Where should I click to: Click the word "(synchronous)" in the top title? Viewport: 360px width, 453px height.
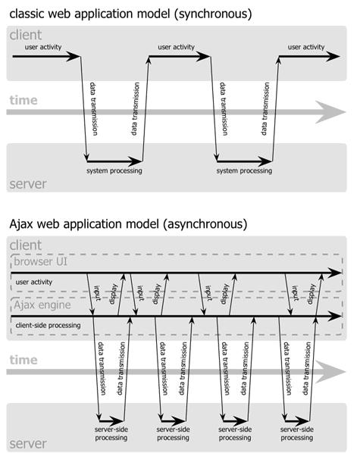(x=213, y=14)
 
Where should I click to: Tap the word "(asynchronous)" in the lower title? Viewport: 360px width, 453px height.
(x=205, y=224)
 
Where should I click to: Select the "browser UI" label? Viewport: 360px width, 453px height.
(x=40, y=261)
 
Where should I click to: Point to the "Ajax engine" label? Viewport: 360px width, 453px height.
(x=42, y=305)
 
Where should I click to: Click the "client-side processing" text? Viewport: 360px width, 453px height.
(x=48, y=325)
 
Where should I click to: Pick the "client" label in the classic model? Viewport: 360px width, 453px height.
(x=26, y=35)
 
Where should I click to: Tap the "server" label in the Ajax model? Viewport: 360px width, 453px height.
(x=28, y=444)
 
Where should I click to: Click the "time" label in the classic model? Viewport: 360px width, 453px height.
(x=23, y=100)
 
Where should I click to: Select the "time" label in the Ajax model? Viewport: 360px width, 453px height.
(x=23, y=360)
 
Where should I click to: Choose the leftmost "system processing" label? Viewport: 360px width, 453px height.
(x=114, y=170)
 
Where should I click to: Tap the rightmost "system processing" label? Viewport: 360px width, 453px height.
(x=244, y=170)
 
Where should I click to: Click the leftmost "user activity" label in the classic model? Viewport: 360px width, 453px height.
(x=43, y=47)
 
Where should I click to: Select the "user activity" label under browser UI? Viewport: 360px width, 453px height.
(x=34, y=282)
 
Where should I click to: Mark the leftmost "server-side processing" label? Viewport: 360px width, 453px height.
(x=111, y=433)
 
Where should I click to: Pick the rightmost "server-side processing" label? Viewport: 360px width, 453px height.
(x=297, y=433)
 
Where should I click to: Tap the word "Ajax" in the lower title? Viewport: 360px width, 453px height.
(x=22, y=224)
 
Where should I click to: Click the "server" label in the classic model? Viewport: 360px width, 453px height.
(x=28, y=184)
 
